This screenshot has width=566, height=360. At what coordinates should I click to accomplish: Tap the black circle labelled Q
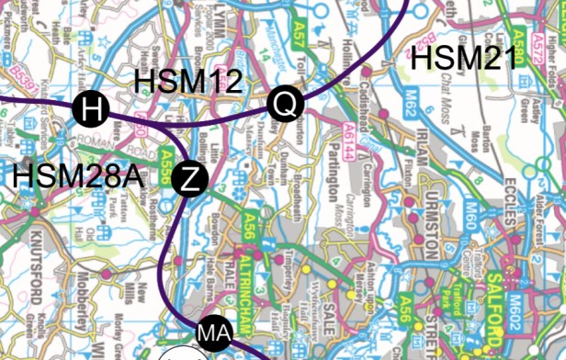point(285,106)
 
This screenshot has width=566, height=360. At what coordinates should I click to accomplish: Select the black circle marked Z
point(190,179)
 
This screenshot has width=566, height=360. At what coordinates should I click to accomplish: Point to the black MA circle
point(211,332)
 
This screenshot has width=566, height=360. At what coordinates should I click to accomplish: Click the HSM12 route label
point(188,81)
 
